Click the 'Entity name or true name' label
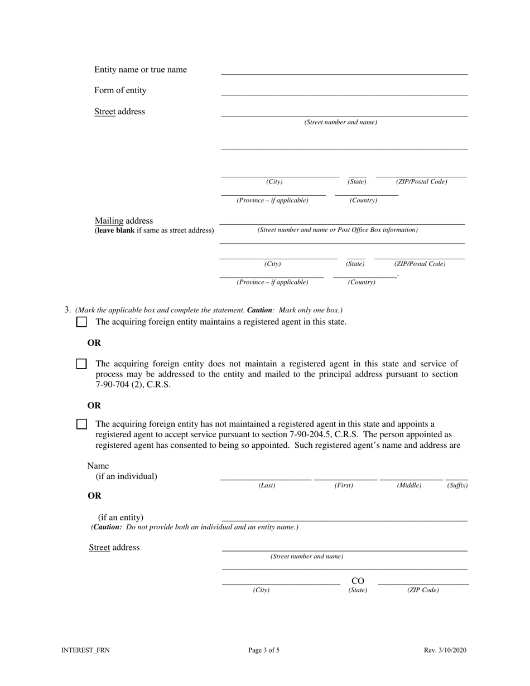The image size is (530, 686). click(141, 70)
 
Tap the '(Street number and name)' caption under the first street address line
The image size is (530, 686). click(340, 122)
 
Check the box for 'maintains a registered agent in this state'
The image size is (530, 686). click(81, 322)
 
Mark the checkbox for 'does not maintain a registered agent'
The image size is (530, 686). click(81, 364)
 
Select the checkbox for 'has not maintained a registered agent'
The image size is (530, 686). click(81, 424)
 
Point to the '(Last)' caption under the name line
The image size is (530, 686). click(267, 486)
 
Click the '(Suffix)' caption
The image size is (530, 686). click(457, 486)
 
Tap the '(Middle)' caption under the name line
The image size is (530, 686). click(409, 486)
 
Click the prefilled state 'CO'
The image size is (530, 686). click(358, 582)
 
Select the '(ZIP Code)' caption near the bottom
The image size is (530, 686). click(423, 590)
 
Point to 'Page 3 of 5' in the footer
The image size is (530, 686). click(264, 650)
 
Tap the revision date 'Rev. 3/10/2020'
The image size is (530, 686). click(445, 650)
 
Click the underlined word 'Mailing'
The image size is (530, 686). click(109, 221)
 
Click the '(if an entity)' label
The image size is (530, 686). click(121, 518)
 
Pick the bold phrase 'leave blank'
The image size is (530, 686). click(115, 230)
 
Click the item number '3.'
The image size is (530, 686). click(68, 310)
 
